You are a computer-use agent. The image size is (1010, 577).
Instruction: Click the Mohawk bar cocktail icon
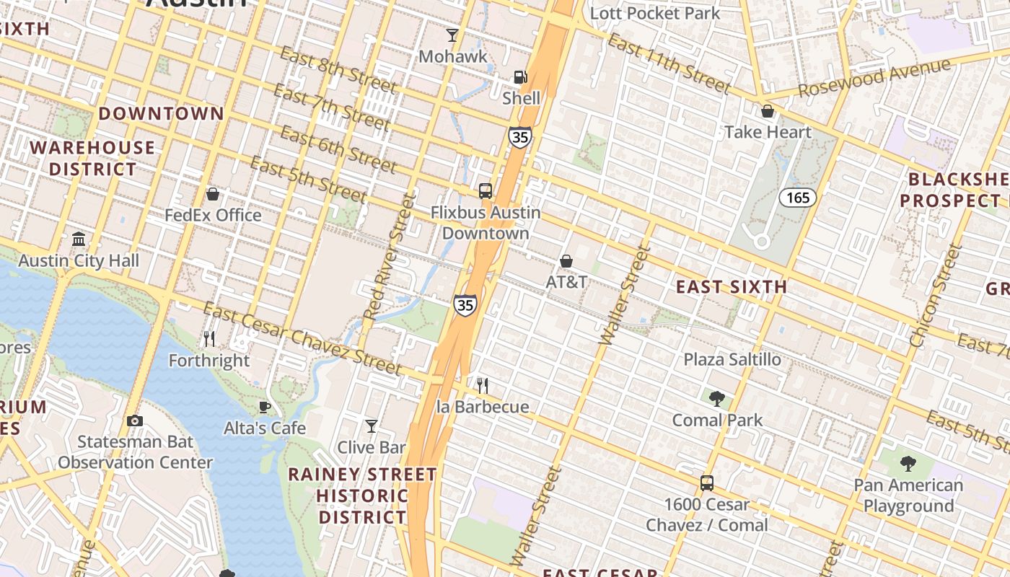(452, 35)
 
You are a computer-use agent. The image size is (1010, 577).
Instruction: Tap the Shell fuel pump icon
(520, 77)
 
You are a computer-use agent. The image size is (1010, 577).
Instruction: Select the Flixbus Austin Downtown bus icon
(486, 191)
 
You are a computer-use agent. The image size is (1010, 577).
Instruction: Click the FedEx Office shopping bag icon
(213, 194)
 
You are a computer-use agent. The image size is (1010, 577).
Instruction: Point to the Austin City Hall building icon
(79, 239)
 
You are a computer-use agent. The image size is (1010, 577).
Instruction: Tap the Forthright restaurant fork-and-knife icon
(209, 338)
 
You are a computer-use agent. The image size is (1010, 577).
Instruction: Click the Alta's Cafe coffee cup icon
(265, 407)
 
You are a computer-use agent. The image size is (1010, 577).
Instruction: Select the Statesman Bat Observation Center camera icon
(135, 420)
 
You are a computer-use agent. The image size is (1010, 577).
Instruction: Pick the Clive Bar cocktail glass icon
(372, 426)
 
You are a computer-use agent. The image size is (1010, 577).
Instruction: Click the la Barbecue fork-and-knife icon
(483, 386)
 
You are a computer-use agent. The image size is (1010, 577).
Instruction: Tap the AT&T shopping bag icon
(566, 260)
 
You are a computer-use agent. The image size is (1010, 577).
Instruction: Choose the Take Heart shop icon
(768, 111)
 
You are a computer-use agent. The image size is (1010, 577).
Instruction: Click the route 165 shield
(797, 197)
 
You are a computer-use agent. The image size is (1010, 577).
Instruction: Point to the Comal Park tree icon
(716, 398)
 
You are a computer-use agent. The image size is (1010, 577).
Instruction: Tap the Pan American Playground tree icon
(908, 463)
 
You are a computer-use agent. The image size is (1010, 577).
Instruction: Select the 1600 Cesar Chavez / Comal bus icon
(707, 483)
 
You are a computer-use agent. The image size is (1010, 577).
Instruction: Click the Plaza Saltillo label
(732, 359)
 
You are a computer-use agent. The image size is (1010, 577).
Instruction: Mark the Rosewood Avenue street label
(874, 78)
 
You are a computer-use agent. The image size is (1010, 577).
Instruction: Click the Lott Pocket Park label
(655, 13)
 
